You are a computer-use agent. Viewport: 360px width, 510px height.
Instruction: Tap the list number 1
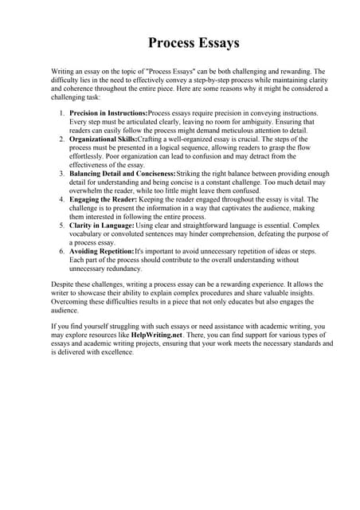click(x=62, y=113)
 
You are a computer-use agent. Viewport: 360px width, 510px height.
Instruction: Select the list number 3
click(x=62, y=174)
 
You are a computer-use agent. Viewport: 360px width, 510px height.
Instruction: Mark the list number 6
click(x=62, y=251)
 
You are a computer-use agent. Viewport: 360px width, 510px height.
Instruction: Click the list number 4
click(x=62, y=199)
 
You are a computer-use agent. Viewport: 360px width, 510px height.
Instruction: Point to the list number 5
click(x=62, y=226)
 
